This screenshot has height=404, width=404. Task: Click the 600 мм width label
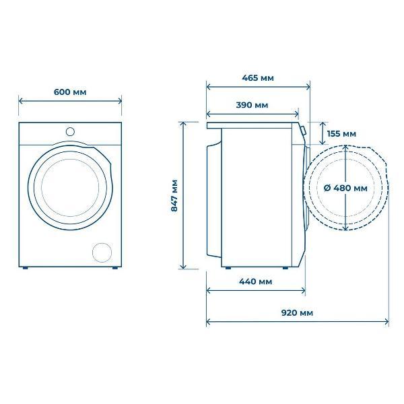pyautogui.click(x=70, y=92)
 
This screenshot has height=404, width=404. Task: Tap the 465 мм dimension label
pyautogui.click(x=258, y=77)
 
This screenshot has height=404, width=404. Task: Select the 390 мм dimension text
pyautogui.click(x=252, y=105)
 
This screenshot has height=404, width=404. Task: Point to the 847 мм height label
pyautogui.click(x=174, y=195)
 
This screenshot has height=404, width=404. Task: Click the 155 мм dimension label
pyautogui.click(x=341, y=134)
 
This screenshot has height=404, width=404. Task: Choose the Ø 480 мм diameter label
pyautogui.click(x=345, y=188)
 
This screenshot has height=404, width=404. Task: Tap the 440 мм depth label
pyautogui.click(x=256, y=281)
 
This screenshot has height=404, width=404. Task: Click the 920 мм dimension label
pyautogui.click(x=297, y=313)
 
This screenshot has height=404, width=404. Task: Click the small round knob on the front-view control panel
pyautogui.click(x=70, y=132)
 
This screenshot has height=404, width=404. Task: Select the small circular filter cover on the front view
pyautogui.click(x=102, y=252)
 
